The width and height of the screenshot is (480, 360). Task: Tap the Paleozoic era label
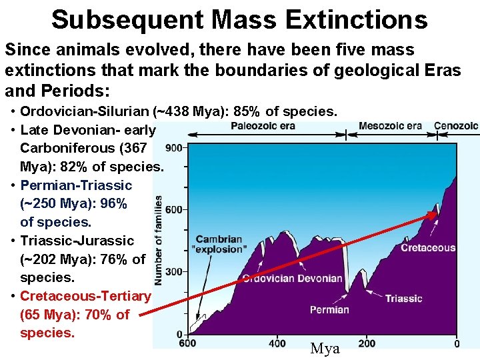(263, 127)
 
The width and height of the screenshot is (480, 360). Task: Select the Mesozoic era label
(390, 126)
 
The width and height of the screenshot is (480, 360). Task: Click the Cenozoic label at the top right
(456, 126)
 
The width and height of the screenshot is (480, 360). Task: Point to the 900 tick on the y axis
(174, 148)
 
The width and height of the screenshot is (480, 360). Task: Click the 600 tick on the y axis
(174, 210)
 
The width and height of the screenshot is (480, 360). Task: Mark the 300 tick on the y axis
(174, 272)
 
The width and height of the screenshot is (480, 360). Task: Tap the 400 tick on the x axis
(277, 343)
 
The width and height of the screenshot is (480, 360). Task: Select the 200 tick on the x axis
(367, 343)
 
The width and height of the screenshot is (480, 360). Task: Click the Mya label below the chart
(325, 349)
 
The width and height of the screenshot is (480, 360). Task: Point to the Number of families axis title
(158, 240)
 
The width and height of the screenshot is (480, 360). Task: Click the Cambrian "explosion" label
(219, 245)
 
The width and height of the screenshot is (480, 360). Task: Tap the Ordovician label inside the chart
(269, 278)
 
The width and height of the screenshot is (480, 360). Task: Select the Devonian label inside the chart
(320, 278)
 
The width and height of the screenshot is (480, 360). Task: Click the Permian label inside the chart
(329, 309)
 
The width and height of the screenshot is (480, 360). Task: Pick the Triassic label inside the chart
(403, 298)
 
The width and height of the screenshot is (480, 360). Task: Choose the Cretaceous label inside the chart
(428, 248)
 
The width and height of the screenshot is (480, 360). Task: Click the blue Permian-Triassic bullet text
(76, 185)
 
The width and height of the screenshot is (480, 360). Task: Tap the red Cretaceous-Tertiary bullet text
(85, 295)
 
